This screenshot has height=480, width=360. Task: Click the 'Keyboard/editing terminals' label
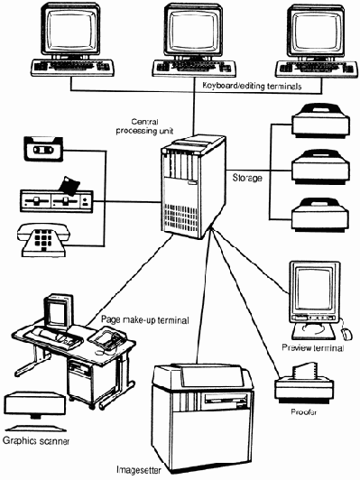[253, 86]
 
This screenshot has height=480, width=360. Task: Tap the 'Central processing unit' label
[144, 126]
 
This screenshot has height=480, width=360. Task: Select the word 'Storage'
[247, 178]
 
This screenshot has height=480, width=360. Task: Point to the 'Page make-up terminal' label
[145, 320]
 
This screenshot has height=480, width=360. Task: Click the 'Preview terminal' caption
[313, 347]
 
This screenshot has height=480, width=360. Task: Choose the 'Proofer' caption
[304, 412]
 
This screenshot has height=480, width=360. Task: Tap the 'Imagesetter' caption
[139, 469]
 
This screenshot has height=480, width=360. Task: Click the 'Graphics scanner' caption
[36, 441]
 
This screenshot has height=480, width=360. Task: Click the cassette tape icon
[43, 149]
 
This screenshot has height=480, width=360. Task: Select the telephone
[43, 240]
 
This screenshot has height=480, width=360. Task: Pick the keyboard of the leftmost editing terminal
[72, 68]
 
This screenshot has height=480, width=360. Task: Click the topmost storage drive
[320, 120]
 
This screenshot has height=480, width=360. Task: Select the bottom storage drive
[320, 215]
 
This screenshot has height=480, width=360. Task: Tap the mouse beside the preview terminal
[347, 334]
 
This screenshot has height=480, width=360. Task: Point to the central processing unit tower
[193, 186]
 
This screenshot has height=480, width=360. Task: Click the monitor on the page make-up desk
[59, 311]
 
